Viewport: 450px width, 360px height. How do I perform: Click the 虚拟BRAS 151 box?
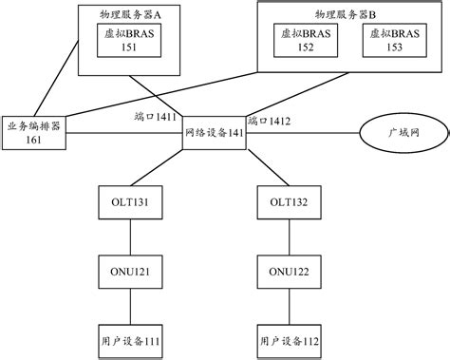click(123, 41)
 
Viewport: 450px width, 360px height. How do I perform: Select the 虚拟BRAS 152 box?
click(306, 41)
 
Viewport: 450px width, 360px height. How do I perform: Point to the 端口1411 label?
click(156, 116)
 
